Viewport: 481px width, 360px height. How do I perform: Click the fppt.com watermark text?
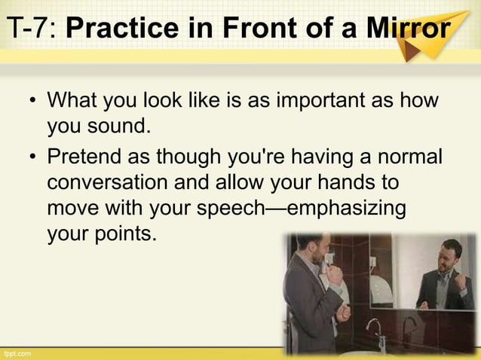[17, 352]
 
